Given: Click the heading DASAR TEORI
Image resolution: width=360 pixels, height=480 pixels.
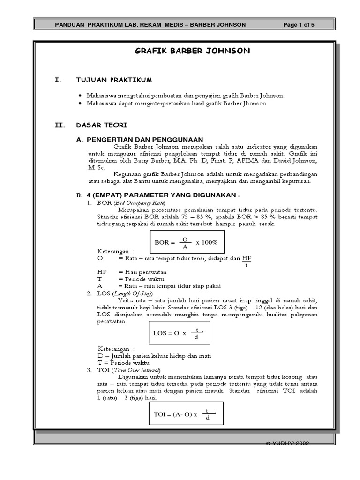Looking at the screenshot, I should [x=101, y=125].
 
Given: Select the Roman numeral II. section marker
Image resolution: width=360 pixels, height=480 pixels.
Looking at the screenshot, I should [x=60, y=125].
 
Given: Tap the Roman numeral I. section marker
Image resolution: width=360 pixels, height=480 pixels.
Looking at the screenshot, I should [x=58, y=80].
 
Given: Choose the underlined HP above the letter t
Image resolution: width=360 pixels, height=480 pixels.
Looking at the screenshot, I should [x=247, y=258].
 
